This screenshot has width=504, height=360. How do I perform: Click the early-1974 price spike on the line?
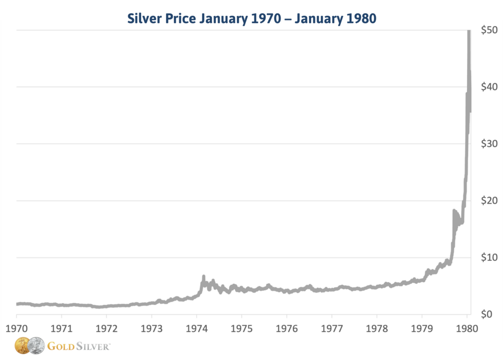203,278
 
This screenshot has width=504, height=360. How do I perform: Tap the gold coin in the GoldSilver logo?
23,346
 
